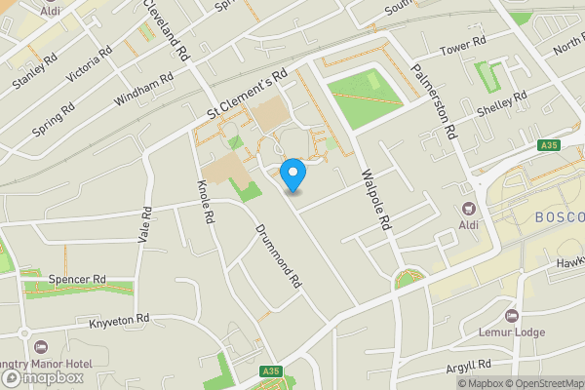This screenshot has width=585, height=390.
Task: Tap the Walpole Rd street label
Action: [375, 201]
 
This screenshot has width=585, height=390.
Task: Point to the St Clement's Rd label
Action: [248, 96]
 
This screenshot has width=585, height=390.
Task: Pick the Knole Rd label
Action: [205, 200]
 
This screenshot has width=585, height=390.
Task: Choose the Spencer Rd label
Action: [77, 279]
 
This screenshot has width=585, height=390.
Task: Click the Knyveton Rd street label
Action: [119, 319]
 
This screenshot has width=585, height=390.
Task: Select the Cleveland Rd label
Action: [164, 30]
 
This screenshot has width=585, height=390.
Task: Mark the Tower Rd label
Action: [462, 46]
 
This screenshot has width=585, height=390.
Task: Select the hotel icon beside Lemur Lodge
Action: [512, 316]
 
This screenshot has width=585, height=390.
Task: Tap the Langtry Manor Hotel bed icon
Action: [40, 347]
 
